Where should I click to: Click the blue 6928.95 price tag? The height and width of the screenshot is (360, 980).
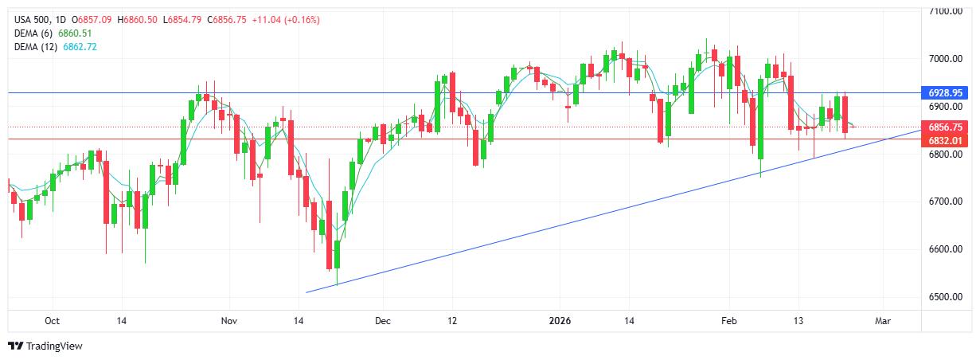pyautogui.click(x=946, y=93)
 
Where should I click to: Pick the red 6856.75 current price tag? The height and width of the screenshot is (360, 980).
pyautogui.click(x=946, y=127)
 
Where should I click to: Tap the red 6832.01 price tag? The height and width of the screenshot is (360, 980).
pyautogui.click(x=946, y=140)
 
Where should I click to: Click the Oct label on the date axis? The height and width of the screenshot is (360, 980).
pyautogui.click(x=52, y=321)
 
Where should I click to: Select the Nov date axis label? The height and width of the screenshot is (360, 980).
pyautogui.click(x=228, y=321)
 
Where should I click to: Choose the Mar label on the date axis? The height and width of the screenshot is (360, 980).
pyautogui.click(x=882, y=321)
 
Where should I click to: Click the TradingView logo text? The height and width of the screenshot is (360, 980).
pyautogui.click(x=54, y=346)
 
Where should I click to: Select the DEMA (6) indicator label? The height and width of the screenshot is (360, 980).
pyautogui.click(x=36, y=33)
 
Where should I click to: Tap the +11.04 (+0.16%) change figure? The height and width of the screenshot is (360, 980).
pyautogui.click(x=285, y=19)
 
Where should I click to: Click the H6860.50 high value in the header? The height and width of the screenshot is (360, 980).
pyautogui.click(x=138, y=19)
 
